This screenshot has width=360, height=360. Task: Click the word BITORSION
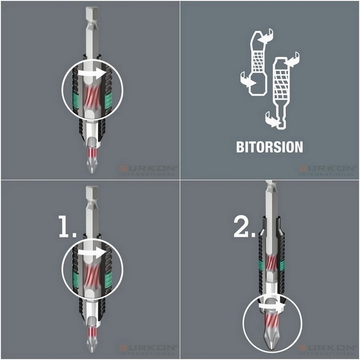[x=270, y=147]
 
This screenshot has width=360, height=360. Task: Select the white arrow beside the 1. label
[x=92, y=254]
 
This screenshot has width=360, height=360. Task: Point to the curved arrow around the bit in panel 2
[x=270, y=306]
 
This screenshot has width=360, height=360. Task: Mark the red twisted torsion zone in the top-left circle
[x=92, y=94]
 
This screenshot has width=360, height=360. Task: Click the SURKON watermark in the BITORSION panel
[x=328, y=170]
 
